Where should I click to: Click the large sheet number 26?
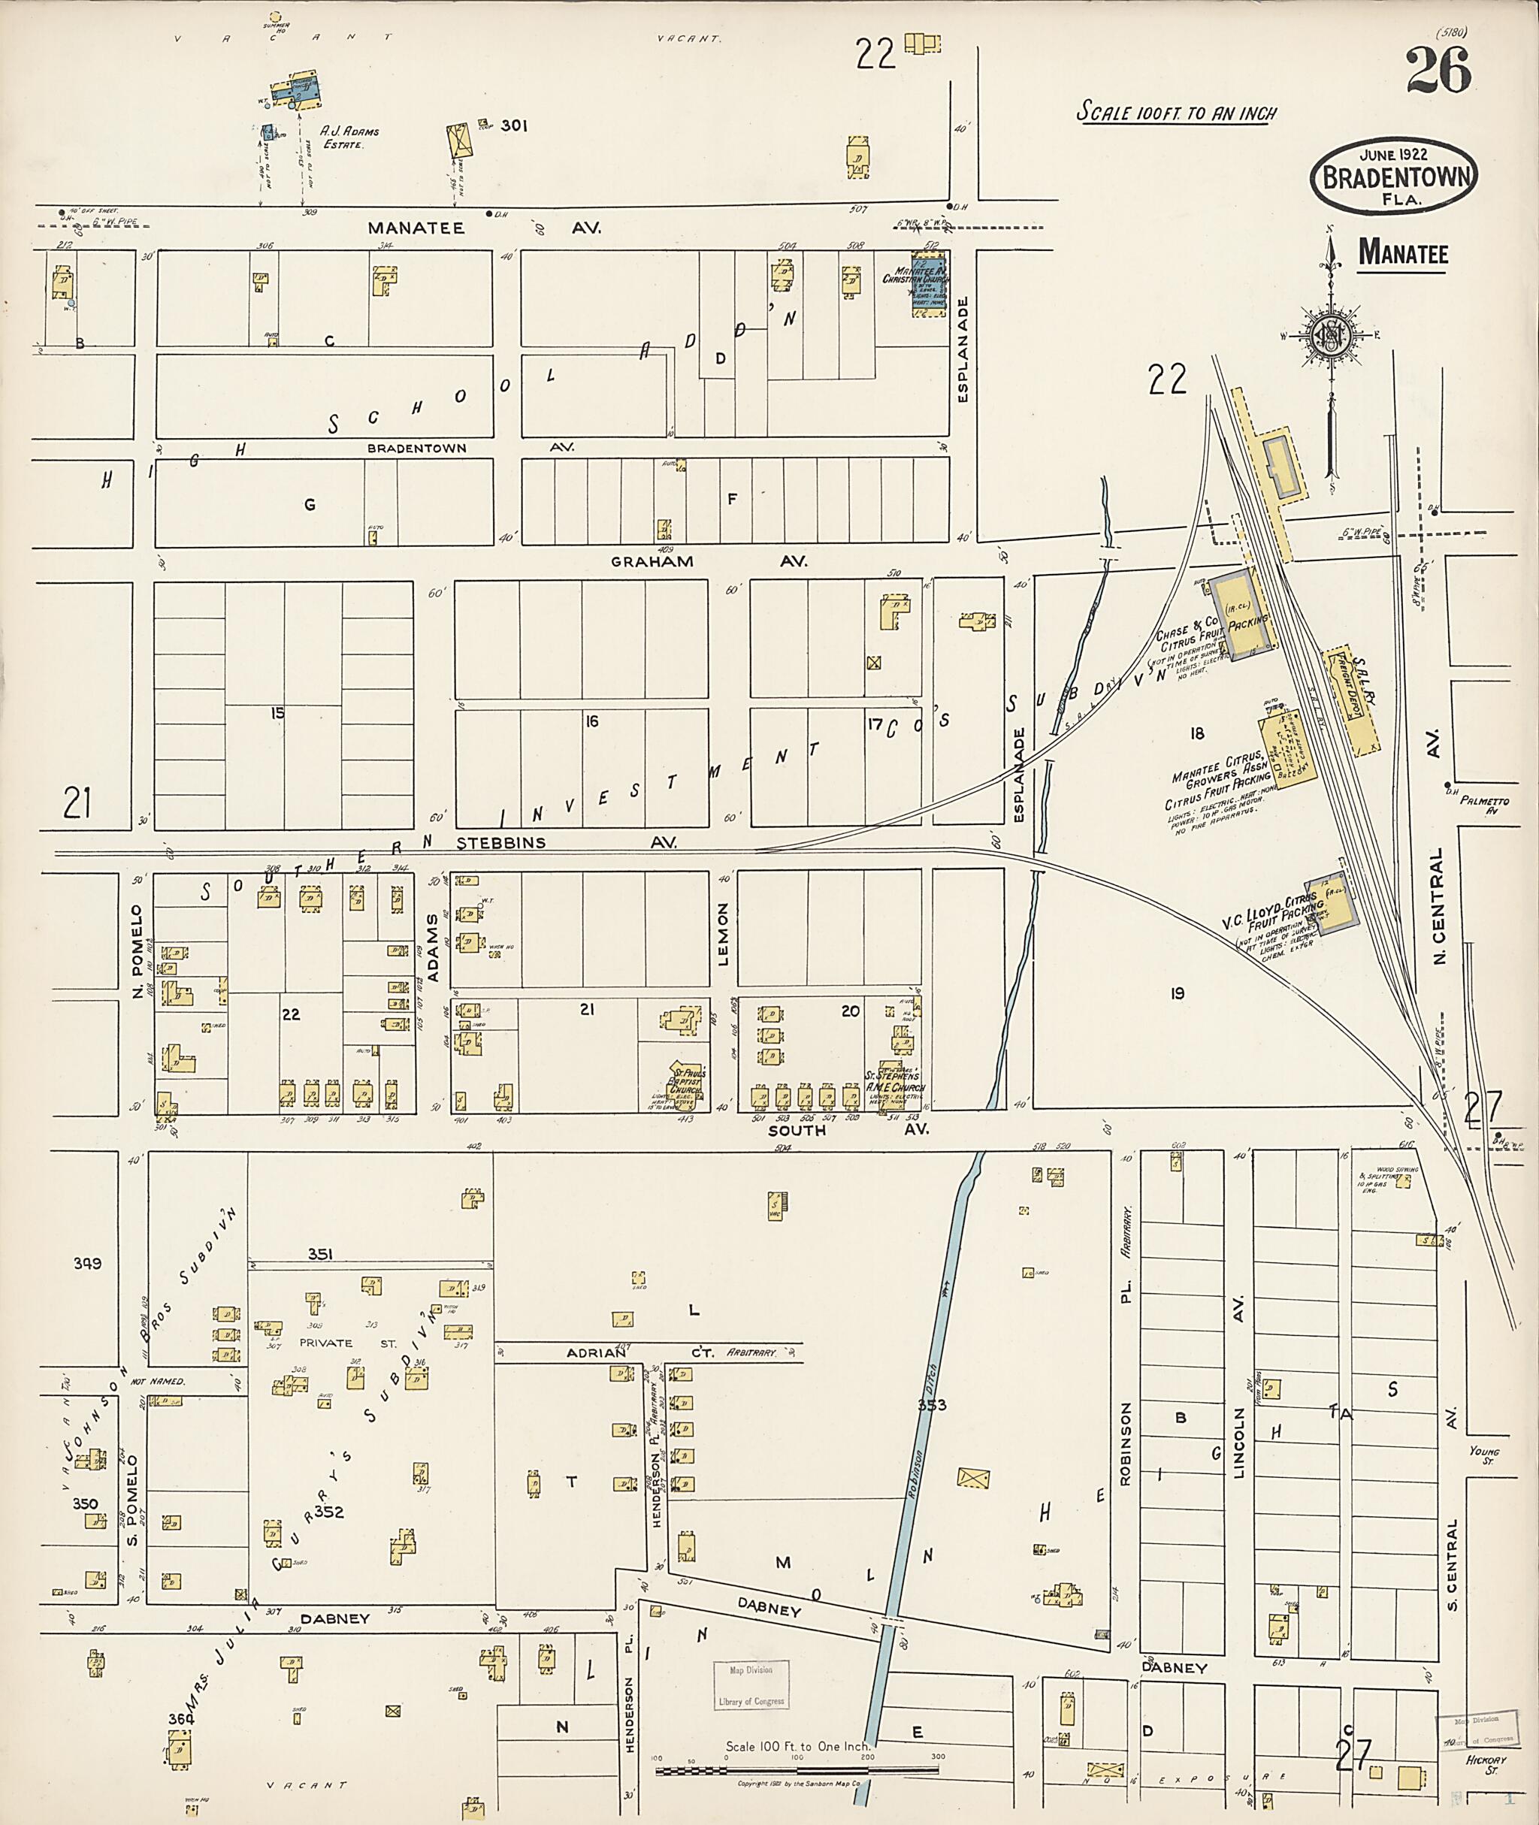pyautogui.click(x=1438, y=71)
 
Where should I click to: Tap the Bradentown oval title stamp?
pyautogui.click(x=1393, y=175)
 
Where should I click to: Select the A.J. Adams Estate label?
pyautogui.click(x=349, y=137)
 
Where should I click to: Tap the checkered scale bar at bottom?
pyautogui.click(x=797, y=1771)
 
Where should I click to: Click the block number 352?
pyautogui.click(x=329, y=1512)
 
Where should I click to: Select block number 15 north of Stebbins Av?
pyautogui.click(x=277, y=713)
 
